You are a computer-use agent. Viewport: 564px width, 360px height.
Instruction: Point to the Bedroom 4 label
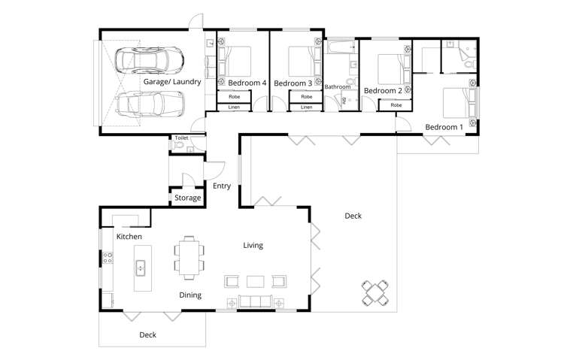pyautogui.click(x=247, y=83)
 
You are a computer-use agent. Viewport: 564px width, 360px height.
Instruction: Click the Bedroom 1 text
pyautogui.click(x=444, y=127)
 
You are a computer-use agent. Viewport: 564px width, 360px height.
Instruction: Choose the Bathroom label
pyautogui.click(x=338, y=87)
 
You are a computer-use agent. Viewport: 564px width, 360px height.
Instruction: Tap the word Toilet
pyautogui.click(x=181, y=138)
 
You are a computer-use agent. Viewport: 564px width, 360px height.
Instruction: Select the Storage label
pyautogui.click(x=187, y=198)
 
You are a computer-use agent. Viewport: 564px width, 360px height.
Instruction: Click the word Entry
pyautogui.click(x=222, y=186)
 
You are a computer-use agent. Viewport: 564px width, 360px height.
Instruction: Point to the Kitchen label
pyautogui.click(x=129, y=237)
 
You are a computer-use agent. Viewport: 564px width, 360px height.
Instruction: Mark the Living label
pyautogui.click(x=253, y=245)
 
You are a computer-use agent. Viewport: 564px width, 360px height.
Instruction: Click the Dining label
pyautogui.click(x=190, y=295)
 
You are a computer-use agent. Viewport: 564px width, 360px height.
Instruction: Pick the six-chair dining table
pyautogui.click(x=188, y=256)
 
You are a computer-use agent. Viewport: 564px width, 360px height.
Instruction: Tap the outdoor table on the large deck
pyautogui.click(x=376, y=292)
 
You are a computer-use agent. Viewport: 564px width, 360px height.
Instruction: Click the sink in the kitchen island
pyautogui.click(x=140, y=266)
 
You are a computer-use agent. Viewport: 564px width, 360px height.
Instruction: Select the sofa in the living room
pyautogui.click(x=256, y=302)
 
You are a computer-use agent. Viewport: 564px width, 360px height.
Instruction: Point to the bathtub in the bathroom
pyautogui.click(x=341, y=49)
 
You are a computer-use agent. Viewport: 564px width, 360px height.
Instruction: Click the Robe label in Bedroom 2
pyautogui.click(x=396, y=105)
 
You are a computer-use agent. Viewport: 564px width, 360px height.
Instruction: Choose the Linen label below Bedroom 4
pyautogui.click(x=234, y=107)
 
